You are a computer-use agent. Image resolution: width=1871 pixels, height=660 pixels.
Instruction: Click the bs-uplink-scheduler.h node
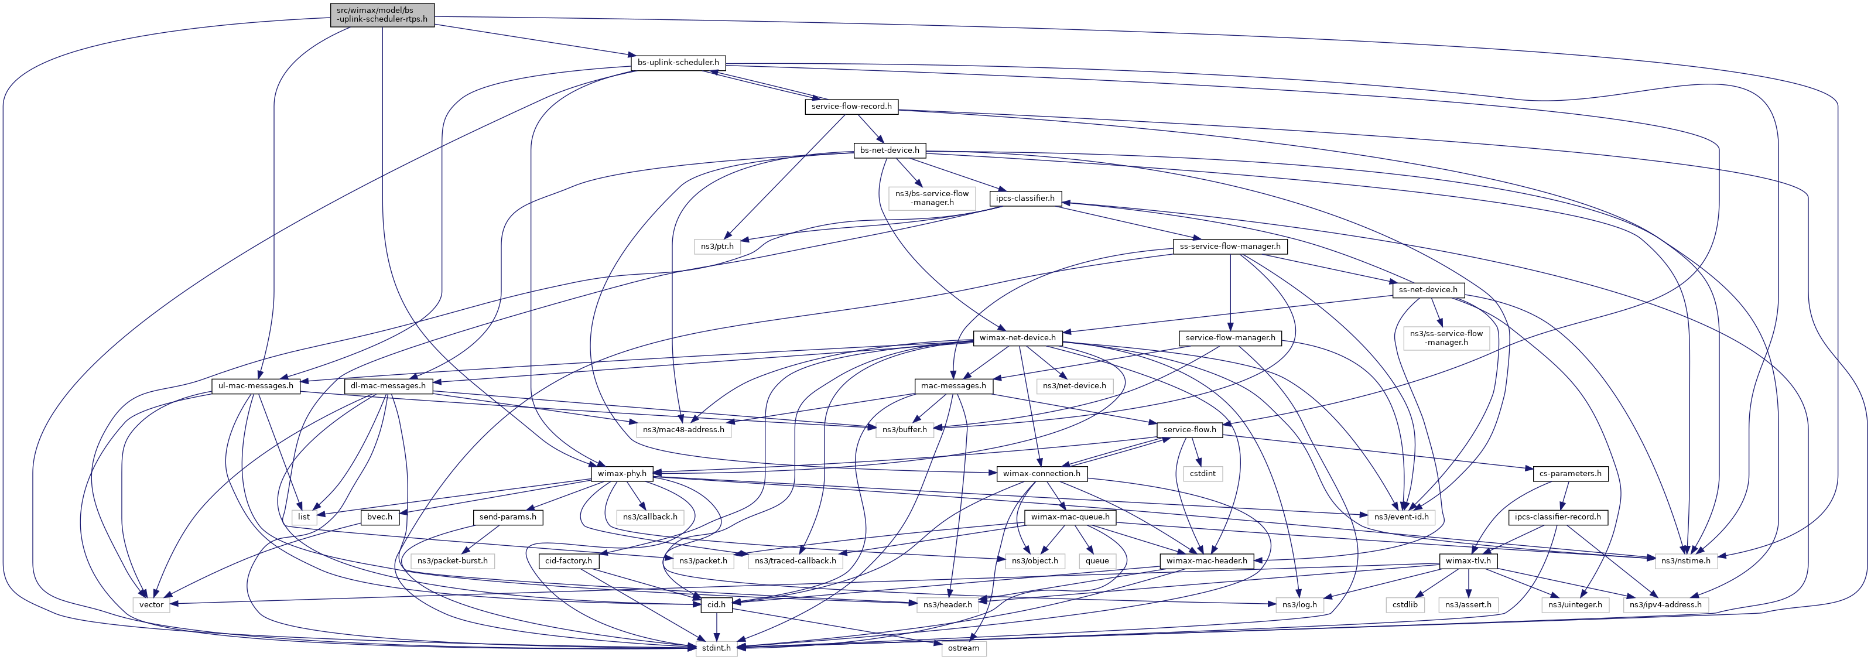[x=678, y=63]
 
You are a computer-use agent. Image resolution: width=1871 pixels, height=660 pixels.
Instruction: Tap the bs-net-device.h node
[x=889, y=151]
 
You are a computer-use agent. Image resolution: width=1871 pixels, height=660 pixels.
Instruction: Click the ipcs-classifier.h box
[x=1025, y=198]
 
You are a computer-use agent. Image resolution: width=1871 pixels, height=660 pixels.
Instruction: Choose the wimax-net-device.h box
[x=1017, y=338]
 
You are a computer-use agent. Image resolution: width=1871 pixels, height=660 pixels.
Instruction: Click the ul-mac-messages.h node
[x=256, y=385]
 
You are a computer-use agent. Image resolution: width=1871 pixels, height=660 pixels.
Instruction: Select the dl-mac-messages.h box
[x=388, y=385]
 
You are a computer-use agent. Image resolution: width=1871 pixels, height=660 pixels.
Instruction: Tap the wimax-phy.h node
[x=621, y=473]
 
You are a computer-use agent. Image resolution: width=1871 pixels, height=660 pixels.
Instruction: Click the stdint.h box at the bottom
[x=716, y=648]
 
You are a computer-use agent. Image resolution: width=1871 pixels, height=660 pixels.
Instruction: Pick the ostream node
[x=963, y=648]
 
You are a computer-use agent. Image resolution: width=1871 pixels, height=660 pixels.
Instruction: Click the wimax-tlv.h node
[x=1467, y=560]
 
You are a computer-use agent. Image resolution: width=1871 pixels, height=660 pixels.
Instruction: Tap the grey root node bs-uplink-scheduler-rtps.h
[x=382, y=15]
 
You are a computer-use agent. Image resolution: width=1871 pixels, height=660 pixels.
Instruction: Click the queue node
[x=1097, y=560]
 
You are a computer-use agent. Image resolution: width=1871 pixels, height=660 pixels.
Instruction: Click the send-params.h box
[x=508, y=517]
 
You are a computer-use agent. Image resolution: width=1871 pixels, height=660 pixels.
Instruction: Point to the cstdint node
[x=1202, y=473]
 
